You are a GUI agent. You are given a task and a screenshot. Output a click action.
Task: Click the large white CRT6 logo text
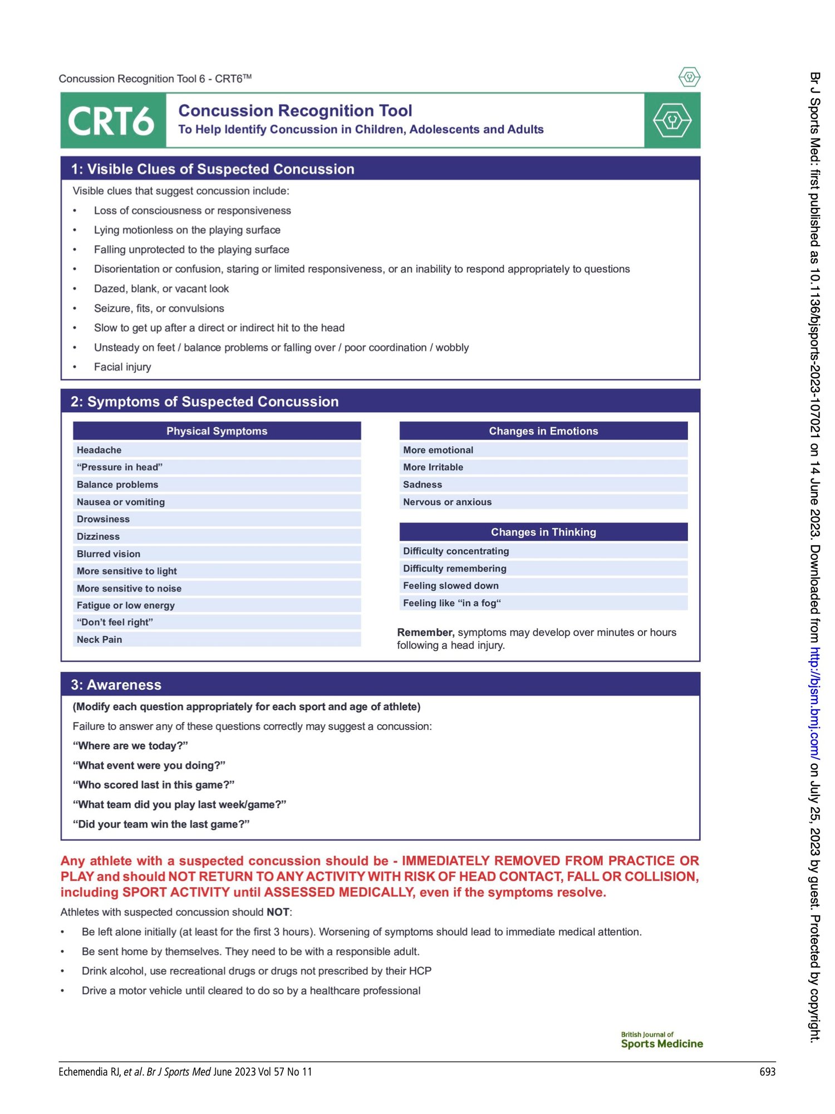111,121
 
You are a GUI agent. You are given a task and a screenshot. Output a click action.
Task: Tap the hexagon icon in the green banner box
672,120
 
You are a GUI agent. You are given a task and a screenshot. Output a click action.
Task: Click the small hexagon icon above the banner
689,77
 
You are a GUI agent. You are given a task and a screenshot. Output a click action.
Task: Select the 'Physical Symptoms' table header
217,431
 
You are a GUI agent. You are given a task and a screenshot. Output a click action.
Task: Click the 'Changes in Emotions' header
543,431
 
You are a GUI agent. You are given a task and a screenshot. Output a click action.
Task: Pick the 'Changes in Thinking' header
543,532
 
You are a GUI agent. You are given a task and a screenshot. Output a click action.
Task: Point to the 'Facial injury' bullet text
122,367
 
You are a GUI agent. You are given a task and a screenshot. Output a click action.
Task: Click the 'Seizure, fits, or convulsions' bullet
159,309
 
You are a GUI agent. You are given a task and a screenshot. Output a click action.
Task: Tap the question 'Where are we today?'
130,746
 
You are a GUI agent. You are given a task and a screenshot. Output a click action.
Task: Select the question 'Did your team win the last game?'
161,824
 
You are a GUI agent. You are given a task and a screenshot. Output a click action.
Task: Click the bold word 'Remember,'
425,632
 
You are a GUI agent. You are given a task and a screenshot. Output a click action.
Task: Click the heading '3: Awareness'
116,685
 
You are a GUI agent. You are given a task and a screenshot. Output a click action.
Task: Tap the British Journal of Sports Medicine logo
661,1040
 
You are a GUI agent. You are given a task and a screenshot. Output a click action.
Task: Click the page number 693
767,1072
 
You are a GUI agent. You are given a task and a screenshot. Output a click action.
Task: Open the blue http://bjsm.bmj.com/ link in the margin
814,703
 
